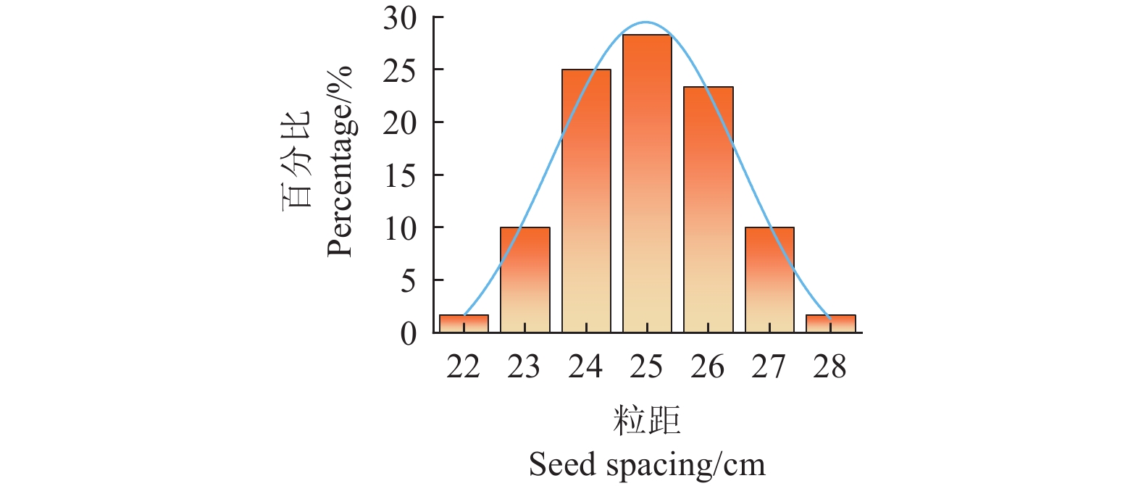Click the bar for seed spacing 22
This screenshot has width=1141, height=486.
coord(464,324)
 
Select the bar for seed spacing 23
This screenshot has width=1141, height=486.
coord(524,280)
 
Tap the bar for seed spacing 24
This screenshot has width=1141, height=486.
coord(586,201)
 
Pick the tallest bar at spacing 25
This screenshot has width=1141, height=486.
coord(647,184)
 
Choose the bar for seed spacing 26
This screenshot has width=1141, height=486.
coord(708,210)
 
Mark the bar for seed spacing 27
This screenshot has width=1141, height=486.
coord(769,280)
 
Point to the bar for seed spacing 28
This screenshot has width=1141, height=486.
coord(830,324)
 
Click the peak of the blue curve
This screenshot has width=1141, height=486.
coord(646,22)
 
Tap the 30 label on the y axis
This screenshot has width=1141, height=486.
coord(400,19)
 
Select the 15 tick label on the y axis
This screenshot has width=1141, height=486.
coord(400,176)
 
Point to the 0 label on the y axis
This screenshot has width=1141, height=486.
coord(409,334)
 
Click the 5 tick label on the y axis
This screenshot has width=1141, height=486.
coord(409,281)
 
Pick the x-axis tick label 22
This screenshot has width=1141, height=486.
coord(463,368)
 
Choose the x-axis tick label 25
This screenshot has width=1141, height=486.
coord(646,368)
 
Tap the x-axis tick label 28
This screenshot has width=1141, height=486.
coord(829,368)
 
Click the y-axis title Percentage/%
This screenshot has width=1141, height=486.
coord(339,161)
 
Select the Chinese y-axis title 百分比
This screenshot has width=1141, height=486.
coord(297,161)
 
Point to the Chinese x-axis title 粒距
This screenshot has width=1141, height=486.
coord(646,421)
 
